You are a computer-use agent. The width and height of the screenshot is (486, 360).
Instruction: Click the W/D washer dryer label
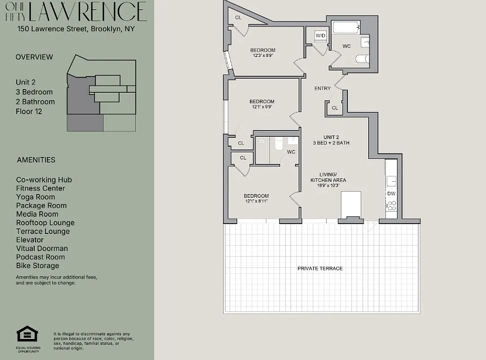pos(321,36)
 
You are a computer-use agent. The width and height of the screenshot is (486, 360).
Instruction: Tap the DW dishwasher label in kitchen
pos(391,193)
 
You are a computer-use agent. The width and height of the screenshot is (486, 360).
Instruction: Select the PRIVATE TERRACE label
pos(320,268)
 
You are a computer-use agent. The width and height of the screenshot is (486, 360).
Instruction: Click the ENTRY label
pos(322,89)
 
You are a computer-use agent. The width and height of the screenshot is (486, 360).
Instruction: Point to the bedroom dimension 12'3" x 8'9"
pos(263,55)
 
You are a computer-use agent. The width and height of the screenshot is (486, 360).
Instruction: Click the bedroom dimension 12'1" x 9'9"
pos(262,107)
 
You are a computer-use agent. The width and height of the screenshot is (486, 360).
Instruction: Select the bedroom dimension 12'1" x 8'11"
pos(256,201)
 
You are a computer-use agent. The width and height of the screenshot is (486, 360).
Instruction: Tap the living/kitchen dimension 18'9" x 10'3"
pos(328,185)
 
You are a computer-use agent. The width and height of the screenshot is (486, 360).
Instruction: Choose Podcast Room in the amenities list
pos(40,257)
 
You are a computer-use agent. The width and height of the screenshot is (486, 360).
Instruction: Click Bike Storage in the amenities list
pos(37,265)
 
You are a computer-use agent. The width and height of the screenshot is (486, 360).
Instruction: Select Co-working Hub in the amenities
pos(44,180)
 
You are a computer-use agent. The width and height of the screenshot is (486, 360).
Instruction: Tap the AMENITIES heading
pos(36,160)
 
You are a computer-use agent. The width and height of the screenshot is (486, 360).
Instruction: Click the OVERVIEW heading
pos(34,57)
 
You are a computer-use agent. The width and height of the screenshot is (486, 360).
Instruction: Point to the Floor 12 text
pos(29,111)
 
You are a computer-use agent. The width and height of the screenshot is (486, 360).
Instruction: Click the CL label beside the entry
pos(334,108)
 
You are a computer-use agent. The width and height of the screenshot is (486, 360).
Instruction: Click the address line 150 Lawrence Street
pos(76,29)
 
